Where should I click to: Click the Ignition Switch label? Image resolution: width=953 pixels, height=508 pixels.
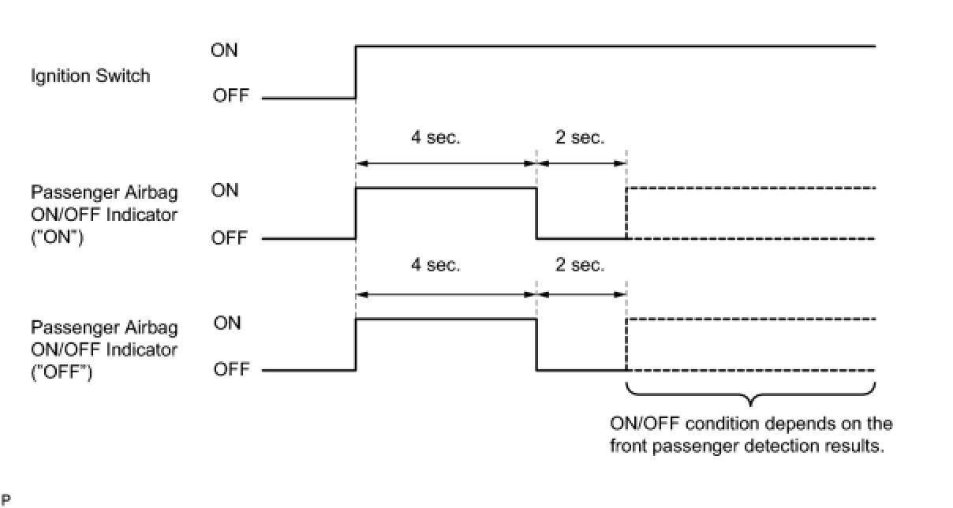[x=90, y=77]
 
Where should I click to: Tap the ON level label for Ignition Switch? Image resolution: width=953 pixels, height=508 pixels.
[x=224, y=50]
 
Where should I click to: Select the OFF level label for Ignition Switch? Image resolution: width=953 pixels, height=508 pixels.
[x=230, y=96]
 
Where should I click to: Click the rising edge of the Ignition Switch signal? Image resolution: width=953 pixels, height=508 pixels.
[x=357, y=73]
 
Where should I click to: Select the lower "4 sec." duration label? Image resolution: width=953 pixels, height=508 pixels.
[x=435, y=265]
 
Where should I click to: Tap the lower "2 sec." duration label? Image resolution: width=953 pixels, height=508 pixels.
[x=580, y=265]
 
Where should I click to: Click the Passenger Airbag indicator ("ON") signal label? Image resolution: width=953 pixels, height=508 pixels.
[x=104, y=215]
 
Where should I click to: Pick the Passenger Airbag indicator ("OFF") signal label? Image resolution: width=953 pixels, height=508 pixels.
[x=104, y=348]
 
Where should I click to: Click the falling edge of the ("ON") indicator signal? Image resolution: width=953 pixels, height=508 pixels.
[x=536, y=213]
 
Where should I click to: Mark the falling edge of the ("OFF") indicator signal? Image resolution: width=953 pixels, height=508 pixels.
[x=536, y=345]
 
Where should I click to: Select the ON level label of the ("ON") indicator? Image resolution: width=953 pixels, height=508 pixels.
[x=226, y=191]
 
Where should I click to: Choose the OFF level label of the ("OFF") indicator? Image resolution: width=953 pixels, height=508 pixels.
[x=231, y=369]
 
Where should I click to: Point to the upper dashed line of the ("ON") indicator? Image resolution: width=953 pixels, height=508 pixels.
[x=749, y=189]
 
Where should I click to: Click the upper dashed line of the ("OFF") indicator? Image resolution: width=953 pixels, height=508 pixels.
[x=749, y=319]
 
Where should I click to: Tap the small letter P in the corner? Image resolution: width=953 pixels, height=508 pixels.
[x=6, y=499]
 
